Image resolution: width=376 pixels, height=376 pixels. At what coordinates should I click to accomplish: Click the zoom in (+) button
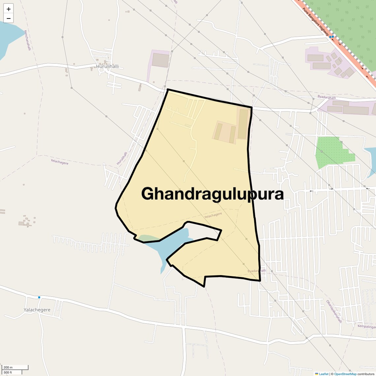pyautogui.click(x=9, y=9)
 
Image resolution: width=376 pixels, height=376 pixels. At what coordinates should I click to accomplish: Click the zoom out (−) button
pyautogui.click(x=9, y=18)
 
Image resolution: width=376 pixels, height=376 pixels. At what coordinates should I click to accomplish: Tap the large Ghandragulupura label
pyautogui.click(x=212, y=194)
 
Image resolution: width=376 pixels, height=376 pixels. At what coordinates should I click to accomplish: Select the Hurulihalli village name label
pyautogui.click(x=107, y=67)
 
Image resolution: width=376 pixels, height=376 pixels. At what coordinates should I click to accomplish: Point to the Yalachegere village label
pyautogui.click(x=37, y=310)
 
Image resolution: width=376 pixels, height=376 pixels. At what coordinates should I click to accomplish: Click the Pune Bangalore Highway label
pyautogui.click(x=316, y=22)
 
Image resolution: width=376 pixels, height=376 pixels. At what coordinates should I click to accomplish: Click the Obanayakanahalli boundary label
pyautogui.click(x=334, y=311)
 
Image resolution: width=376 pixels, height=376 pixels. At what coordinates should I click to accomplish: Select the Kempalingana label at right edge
pyautogui.click(x=367, y=327)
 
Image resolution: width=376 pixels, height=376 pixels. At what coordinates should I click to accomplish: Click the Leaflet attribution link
pyautogui.click(x=323, y=374)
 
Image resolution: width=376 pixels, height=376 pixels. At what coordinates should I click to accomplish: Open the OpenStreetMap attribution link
pyautogui.click(x=345, y=374)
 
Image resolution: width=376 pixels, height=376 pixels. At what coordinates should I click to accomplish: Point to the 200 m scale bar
pyautogui.click(x=15, y=367)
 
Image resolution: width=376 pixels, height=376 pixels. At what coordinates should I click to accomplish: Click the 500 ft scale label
pyautogui.click(x=8, y=372)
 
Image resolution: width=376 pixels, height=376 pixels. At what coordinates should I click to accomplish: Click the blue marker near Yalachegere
pyautogui.click(x=39, y=297)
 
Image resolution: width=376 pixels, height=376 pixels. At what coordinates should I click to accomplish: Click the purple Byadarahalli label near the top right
pyautogui.click(x=327, y=97)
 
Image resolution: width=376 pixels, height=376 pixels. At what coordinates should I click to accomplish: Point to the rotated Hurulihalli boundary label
pyautogui.click(x=122, y=158)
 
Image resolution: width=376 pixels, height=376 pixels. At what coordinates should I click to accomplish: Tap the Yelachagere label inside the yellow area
pyautogui.click(x=213, y=215)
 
